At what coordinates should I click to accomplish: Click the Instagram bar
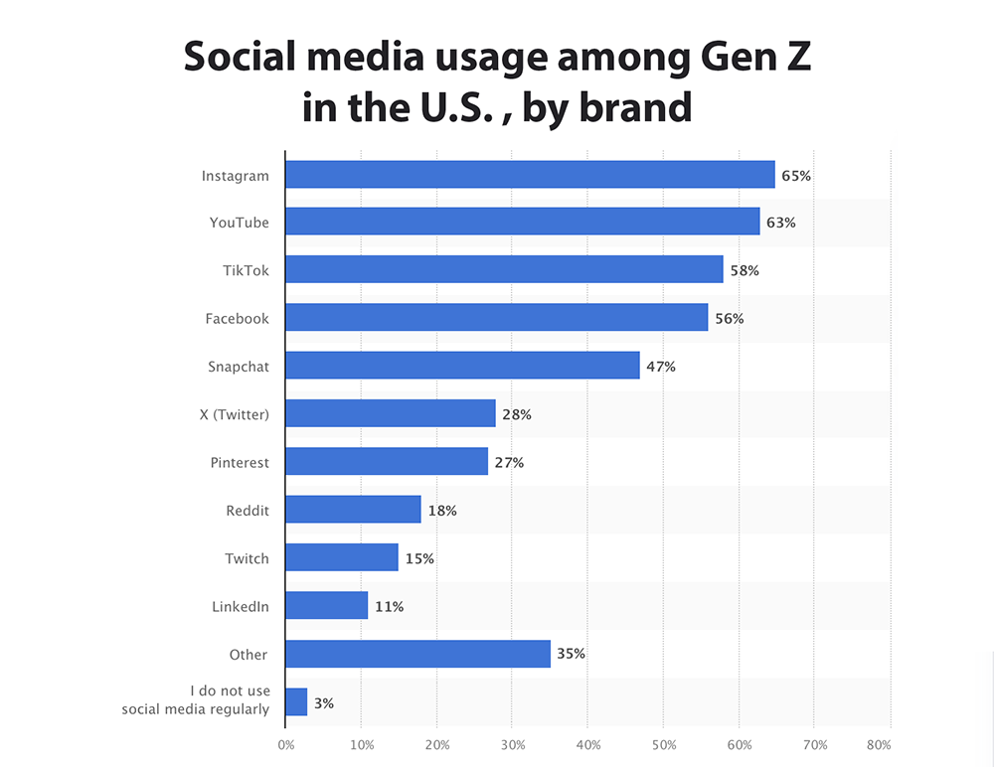530,175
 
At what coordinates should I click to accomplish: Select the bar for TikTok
504,269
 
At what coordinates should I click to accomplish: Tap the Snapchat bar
462,365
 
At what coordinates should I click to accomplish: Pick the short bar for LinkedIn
327,605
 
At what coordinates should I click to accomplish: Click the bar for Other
417,654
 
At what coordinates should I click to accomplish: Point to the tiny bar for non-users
296,701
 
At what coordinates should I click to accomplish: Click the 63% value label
781,223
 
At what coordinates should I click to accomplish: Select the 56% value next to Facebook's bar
729,318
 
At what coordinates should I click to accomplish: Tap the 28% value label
517,414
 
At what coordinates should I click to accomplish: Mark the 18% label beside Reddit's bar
441,511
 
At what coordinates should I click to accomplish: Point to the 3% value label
323,702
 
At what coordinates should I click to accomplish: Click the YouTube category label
239,223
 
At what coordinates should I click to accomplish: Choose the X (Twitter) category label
234,414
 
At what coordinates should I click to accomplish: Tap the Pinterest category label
240,463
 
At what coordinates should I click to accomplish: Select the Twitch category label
247,558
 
